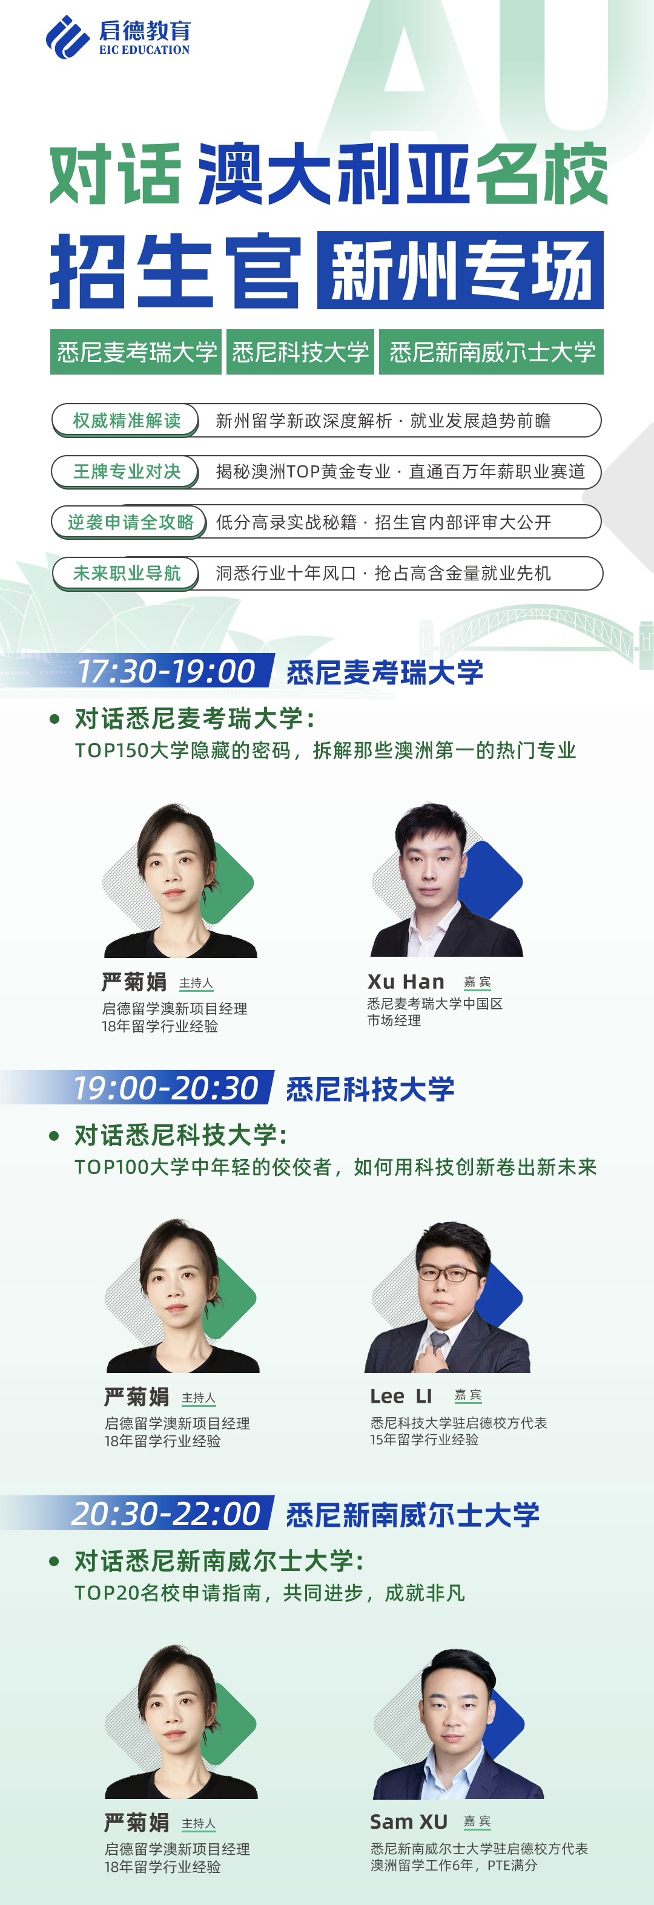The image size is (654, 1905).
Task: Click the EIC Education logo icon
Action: point(67,37)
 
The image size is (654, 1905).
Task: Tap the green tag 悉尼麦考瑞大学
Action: point(137,352)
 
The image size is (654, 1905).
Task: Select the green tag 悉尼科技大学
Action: point(300,352)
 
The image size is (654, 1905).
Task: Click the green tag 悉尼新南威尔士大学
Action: point(491,352)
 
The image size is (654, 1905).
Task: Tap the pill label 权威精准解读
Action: point(126,421)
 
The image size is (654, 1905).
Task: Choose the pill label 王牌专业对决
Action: point(126,472)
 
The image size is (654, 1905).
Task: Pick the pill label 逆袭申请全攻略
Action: point(130,522)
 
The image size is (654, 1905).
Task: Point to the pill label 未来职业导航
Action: point(126,573)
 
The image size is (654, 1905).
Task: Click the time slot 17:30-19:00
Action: point(166,672)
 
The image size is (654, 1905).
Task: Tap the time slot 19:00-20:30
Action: point(166,1088)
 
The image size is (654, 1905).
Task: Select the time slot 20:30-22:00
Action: point(166,1514)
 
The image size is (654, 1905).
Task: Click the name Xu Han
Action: point(406,982)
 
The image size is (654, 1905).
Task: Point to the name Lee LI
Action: point(401,1396)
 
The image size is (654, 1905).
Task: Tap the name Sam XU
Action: point(408,1821)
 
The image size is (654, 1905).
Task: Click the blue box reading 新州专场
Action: point(460,270)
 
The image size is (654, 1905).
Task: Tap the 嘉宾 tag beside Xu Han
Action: point(477,982)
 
